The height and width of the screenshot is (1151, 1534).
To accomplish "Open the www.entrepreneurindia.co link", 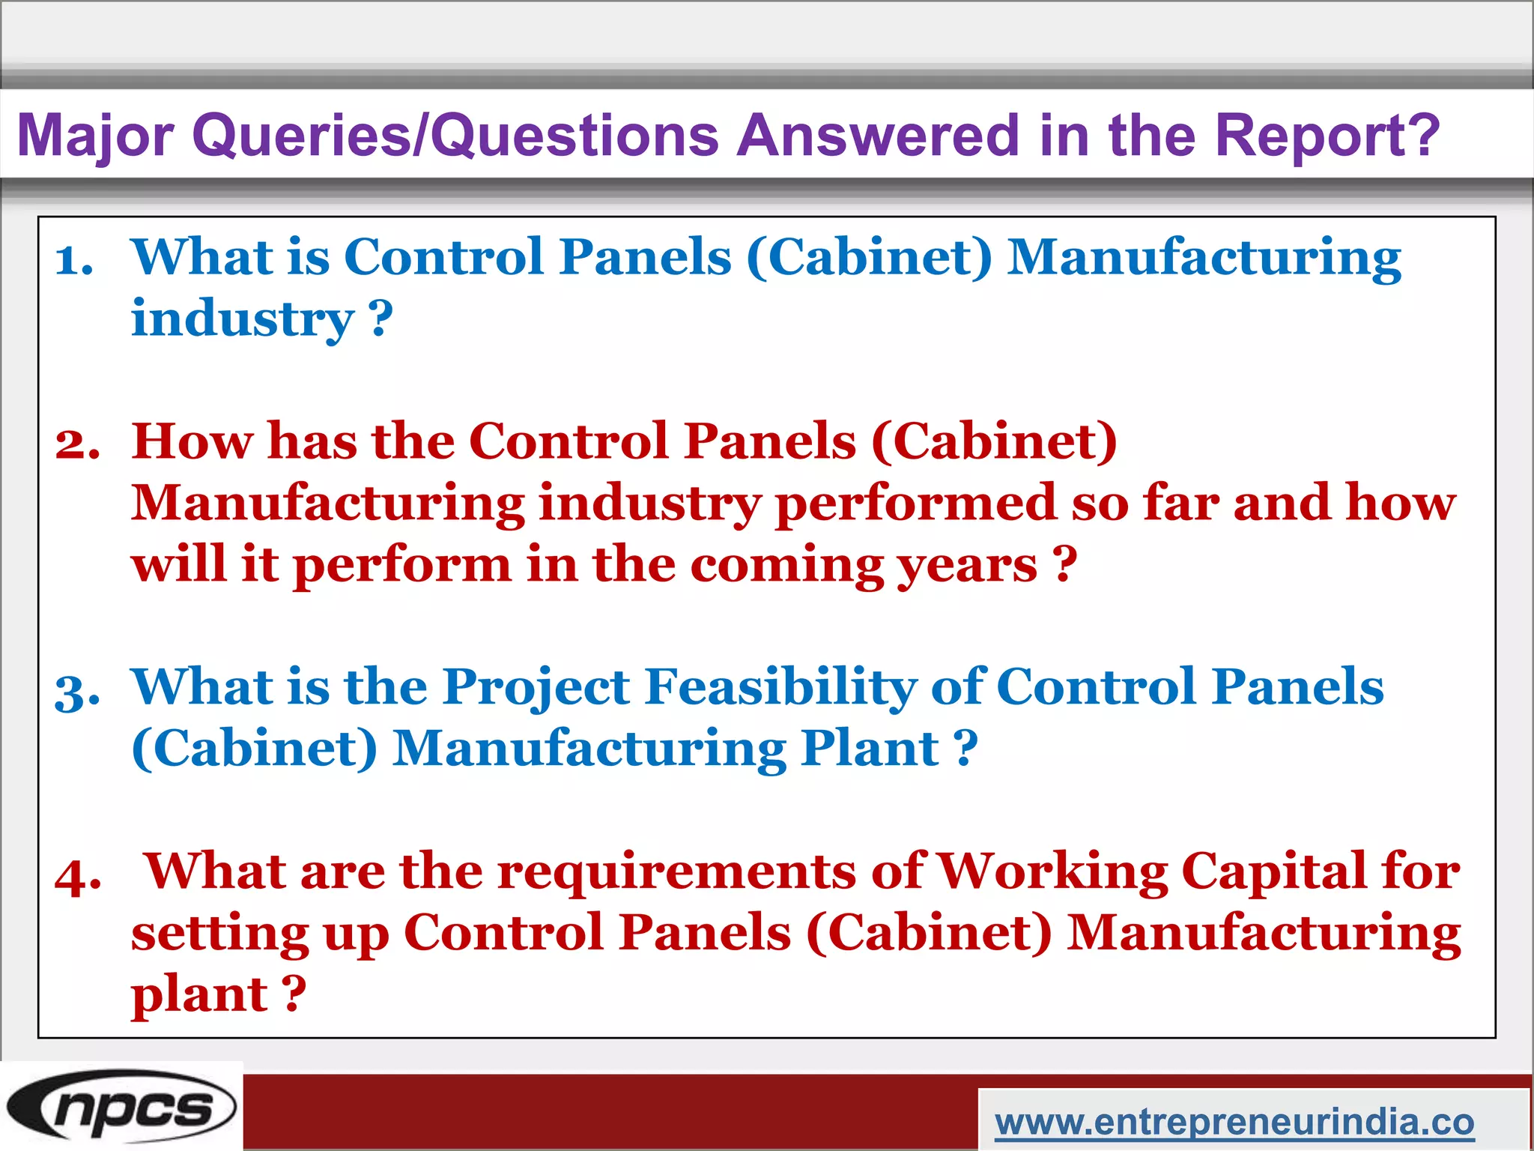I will click(1234, 1122).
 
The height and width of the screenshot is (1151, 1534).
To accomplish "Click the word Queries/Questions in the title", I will click(455, 136).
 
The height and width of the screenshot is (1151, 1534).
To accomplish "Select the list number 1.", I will click(74, 261).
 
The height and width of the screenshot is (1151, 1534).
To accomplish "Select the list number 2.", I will click(77, 444).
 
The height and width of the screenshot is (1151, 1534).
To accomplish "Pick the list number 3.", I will click(77, 691).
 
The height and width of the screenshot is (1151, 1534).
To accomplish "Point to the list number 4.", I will click(78, 875).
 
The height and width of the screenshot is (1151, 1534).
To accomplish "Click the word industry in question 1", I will click(242, 318).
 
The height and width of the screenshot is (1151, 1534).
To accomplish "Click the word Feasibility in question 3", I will click(780, 686).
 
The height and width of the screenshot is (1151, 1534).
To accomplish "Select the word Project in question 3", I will click(536, 686).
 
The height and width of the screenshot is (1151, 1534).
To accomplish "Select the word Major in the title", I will click(96, 136).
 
